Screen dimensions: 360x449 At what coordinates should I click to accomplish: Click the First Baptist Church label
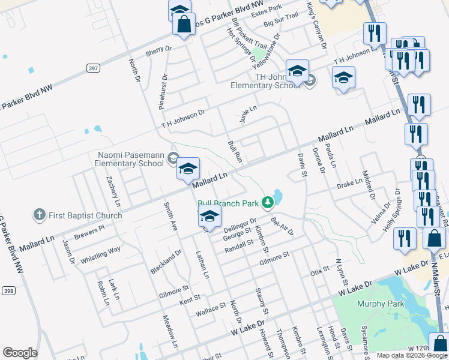[x=86, y=215]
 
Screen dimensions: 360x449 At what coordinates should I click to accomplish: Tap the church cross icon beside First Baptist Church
[x=40, y=214]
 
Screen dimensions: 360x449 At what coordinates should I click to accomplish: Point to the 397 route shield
[x=92, y=68]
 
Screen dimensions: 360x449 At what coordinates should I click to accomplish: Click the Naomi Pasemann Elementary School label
[x=131, y=159]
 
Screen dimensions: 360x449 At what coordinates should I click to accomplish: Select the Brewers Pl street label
[x=89, y=230]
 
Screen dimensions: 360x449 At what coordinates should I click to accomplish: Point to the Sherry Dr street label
[x=158, y=52]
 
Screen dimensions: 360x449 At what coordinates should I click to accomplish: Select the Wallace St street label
[x=210, y=310]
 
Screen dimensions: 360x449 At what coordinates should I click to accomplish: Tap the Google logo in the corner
[x=20, y=353]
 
